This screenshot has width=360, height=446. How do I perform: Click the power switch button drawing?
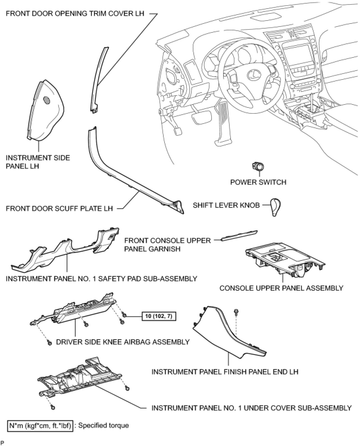click(x=258, y=167)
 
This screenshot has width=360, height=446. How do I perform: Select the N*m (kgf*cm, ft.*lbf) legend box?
click(x=40, y=425)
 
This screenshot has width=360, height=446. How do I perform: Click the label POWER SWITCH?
click(x=258, y=182)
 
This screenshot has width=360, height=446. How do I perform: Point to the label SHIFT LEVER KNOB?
click(x=226, y=205)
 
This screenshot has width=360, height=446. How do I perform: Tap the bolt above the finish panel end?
click(x=236, y=312)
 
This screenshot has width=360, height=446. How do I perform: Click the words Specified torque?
click(x=104, y=425)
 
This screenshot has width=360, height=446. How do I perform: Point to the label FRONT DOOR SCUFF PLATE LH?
click(x=59, y=208)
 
